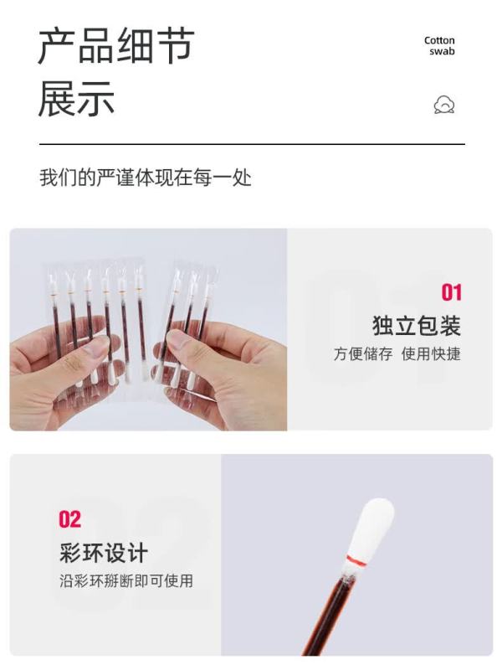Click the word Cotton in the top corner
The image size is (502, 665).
click(x=439, y=41)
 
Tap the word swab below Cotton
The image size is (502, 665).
click(x=442, y=51)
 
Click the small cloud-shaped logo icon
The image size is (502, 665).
click(x=444, y=105)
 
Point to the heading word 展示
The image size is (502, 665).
click(x=77, y=98)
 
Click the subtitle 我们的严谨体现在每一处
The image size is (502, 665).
click(x=146, y=178)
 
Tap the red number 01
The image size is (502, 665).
click(x=451, y=292)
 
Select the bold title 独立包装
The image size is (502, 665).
click(x=417, y=326)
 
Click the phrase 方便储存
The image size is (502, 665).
click(x=363, y=353)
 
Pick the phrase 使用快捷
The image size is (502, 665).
click(x=431, y=353)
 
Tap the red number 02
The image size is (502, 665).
click(x=70, y=519)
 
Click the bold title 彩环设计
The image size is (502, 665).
click(x=104, y=553)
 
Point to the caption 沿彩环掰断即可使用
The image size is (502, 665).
click(x=126, y=581)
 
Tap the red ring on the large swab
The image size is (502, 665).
click(x=355, y=560)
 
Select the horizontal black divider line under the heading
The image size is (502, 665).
click(x=252, y=144)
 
